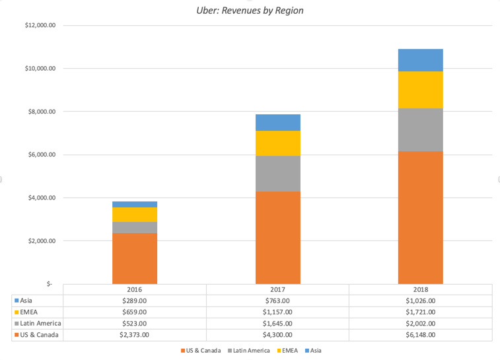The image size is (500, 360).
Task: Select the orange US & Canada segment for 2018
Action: pyautogui.click(x=420, y=217)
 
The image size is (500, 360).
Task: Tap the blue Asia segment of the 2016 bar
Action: pyautogui.click(x=135, y=204)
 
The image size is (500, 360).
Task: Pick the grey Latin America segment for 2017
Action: pyautogui.click(x=277, y=174)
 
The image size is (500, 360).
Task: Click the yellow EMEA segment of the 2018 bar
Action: pyautogui.click(x=420, y=90)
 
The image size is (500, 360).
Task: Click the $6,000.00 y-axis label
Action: pyautogui.click(x=41, y=155)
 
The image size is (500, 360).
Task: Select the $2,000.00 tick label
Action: pyautogui.click(x=41, y=241)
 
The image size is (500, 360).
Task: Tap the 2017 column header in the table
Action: pyautogui.click(x=277, y=289)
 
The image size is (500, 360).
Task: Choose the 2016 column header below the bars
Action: pyautogui.click(x=135, y=289)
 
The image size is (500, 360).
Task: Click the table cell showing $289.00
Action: pyautogui.click(x=135, y=301)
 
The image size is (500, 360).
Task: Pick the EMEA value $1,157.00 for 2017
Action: pyautogui.click(x=277, y=312)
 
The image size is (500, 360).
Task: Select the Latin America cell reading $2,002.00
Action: pyautogui.click(x=420, y=323)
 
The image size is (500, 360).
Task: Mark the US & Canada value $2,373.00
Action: pyautogui.click(x=135, y=335)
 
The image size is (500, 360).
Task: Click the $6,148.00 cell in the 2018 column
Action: pyautogui.click(x=420, y=335)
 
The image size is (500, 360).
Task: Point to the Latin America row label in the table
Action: pyautogui.click(x=40, y=323)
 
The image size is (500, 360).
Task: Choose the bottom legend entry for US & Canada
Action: pyautogui.click(x=202, y=350)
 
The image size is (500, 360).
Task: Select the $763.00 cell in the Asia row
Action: pyautogui.click(x=277, y=301)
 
